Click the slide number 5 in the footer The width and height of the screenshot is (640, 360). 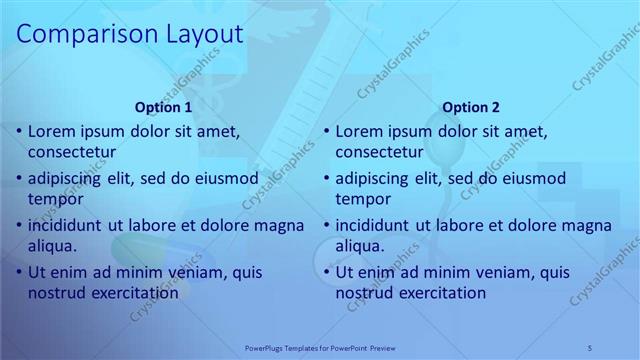tap(590, 347)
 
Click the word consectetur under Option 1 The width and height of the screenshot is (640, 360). tap(72, 153)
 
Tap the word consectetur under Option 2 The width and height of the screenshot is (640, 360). tap(380, 153)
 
